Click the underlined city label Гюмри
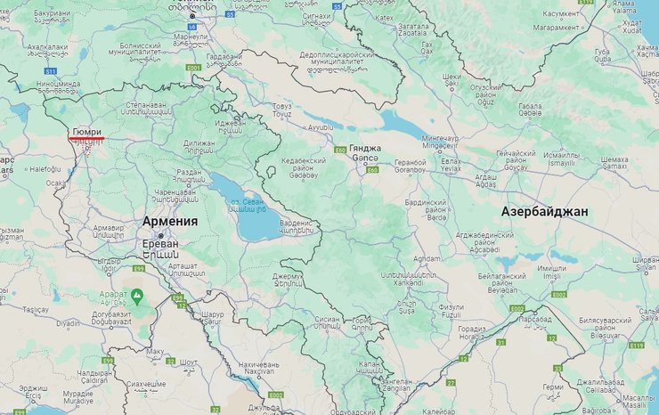[x=86, y=131]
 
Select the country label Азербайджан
[x=544, y=212]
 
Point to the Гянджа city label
[x=365, y=148]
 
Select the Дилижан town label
[x=199, y=143]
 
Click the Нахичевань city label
[x=259, y=365]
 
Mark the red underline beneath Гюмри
[x=86, y=139]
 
